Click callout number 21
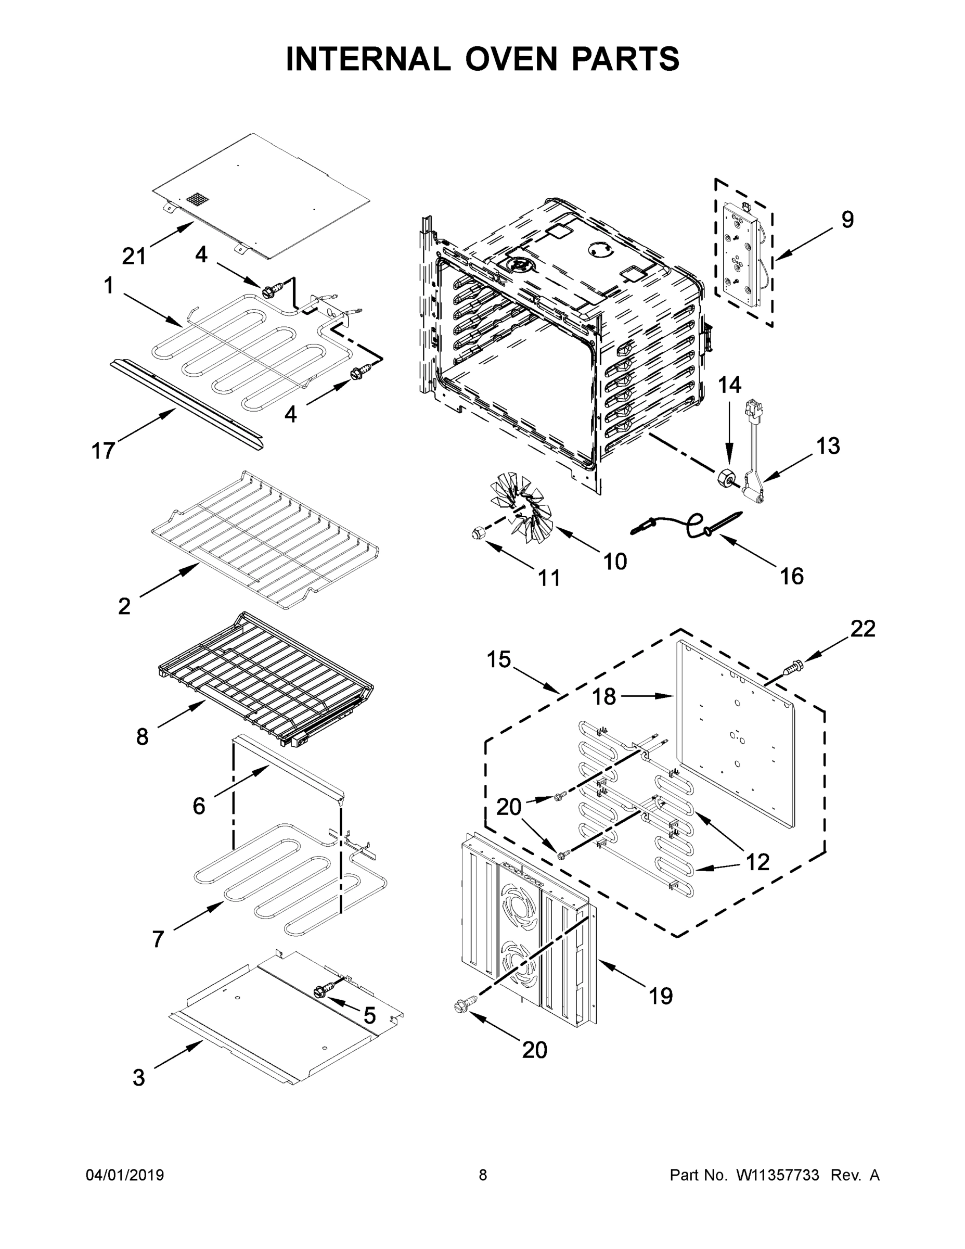pos(134,256)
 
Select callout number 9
pos(847,220)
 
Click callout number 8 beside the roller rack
pos(143,737)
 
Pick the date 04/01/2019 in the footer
pos(125,1175)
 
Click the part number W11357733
pos(778,1175)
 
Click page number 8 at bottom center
pos(483,1175)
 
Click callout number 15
pos(498,659)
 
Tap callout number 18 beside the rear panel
pos(603,696)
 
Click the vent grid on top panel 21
pos(196,200)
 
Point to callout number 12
pos(757,862)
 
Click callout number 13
pos(828,445)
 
